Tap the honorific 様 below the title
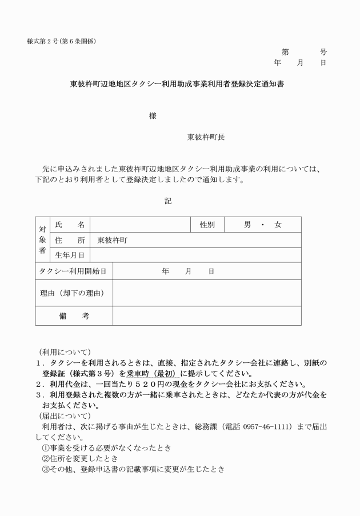click(x=153, y=116)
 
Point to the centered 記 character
click(x=168, y=201)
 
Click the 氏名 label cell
click(x=70, y=225)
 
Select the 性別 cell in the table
click(x=207, y=225)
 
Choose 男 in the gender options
click(x=247, y=225)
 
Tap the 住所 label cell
click(x=70, y=241)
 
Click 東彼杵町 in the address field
click(x=113, y=241)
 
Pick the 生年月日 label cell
click(x=70, y=255)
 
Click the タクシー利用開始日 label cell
click(x=73, y=271)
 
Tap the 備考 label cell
click(x=74, y=316)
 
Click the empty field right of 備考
click(x=206, y=316)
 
